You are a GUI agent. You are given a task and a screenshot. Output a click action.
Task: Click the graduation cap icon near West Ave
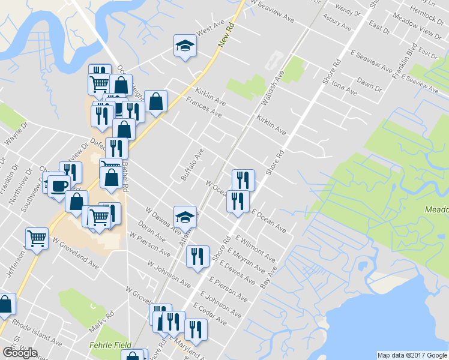185,45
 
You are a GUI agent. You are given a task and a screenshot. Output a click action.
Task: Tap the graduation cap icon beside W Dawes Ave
185,217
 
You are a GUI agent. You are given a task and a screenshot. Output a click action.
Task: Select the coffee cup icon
58,185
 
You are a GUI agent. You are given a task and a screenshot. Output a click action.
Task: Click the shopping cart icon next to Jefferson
37,239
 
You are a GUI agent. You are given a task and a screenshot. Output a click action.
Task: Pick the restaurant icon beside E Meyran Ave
197,257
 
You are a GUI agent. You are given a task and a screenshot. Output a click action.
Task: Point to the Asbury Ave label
337,23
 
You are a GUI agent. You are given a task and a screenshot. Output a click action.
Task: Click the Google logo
20,353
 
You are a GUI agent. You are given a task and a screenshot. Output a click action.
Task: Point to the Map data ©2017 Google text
412,355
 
